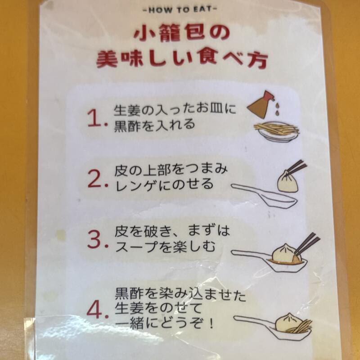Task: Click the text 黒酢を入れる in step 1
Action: (x=155, y=124)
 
